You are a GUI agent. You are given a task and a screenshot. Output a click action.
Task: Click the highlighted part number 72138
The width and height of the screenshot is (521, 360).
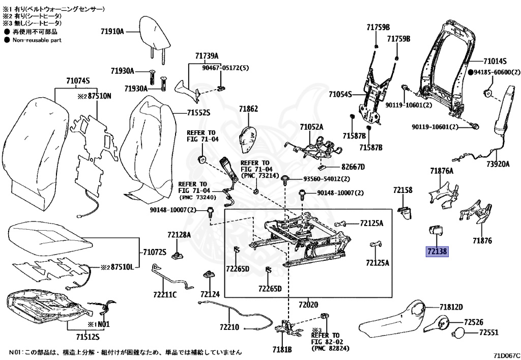437,252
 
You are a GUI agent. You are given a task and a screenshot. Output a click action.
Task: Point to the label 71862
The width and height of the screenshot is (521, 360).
249,109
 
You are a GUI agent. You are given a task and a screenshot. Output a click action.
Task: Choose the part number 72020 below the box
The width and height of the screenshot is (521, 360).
308,304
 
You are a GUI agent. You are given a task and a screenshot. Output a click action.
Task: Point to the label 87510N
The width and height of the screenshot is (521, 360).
94,95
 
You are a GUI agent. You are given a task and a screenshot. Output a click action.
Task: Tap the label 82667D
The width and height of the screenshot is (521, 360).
353,167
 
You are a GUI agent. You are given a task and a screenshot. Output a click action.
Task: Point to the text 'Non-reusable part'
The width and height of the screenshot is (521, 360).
37,40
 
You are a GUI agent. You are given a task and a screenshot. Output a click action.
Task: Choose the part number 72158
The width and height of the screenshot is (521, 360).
402,190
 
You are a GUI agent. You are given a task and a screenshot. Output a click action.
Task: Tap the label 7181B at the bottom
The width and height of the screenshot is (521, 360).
282,349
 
